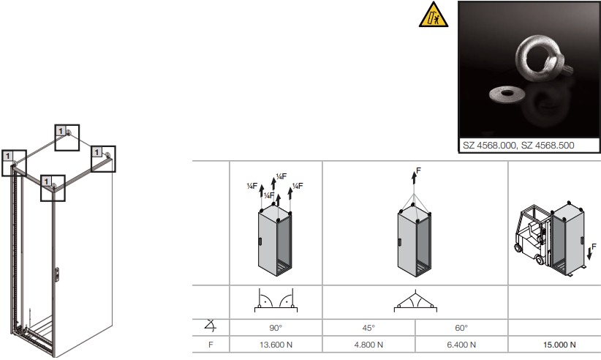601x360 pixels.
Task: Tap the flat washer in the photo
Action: tap(504, 93)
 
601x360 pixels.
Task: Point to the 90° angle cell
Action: tap(276, 329)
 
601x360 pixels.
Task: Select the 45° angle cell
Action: tap(368, 329)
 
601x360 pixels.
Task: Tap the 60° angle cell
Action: tap(461, 329)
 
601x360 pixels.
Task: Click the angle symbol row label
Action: tap(211, 329)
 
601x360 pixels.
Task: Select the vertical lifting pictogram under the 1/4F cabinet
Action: tap(276, 301)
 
